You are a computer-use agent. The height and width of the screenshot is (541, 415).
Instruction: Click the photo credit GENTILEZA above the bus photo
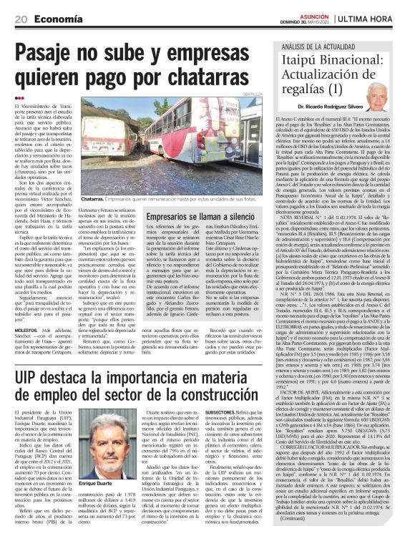[252, 94]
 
